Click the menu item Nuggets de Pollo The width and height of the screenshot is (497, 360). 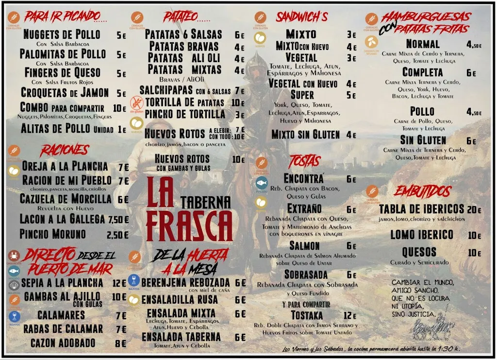62,34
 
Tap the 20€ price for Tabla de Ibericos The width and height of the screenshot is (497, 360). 474,210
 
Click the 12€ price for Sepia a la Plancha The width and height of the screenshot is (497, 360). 119,283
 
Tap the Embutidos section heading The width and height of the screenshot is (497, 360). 422,191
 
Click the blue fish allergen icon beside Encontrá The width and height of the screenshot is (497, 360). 262,183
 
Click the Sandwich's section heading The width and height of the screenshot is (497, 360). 301,17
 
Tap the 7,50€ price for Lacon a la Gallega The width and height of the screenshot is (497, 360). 118,220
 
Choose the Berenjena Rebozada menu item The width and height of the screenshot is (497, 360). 185,283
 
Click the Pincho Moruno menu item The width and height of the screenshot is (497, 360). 52,234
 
